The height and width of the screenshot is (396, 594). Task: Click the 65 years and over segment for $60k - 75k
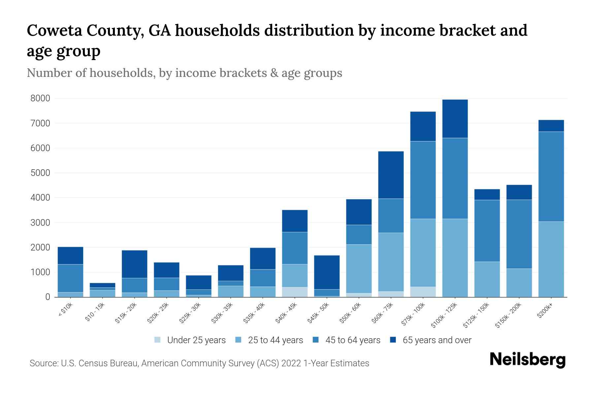391,175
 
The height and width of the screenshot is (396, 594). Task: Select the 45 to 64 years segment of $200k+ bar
551,177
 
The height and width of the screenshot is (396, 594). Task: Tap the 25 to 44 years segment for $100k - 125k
455,258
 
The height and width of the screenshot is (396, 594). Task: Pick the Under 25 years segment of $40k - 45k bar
295,292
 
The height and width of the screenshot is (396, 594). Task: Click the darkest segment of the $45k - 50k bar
327,272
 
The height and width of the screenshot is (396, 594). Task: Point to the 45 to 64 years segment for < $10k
70,278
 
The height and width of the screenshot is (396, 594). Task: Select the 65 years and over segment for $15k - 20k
134,264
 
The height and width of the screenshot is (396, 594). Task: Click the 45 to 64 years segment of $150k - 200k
519,234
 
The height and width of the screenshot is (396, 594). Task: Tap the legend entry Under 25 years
196,340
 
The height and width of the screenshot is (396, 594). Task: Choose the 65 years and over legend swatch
393,340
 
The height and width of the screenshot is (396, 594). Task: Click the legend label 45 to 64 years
353,340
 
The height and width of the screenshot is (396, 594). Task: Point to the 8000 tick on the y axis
40,98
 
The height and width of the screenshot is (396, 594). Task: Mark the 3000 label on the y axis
40,223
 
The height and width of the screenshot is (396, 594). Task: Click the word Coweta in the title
55,31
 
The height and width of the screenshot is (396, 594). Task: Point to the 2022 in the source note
291,363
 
